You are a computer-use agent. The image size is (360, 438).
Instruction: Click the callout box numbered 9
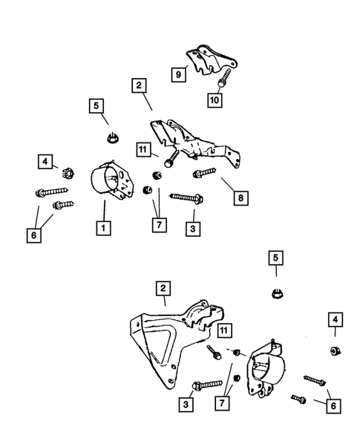(x=178, y=74)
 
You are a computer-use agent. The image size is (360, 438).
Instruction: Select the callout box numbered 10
(x=215, y=99)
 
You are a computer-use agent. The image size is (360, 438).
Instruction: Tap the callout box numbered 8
(x=240, y=198)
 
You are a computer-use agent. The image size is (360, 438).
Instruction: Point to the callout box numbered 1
(x=103, y=228)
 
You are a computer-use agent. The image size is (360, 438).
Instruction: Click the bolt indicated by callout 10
(x=224, y=78)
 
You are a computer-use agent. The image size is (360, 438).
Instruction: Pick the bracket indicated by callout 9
(x=212, y=59)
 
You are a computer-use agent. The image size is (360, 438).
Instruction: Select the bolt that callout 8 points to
(x=204, y=173)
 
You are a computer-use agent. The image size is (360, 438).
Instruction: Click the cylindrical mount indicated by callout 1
(x=112, y=180)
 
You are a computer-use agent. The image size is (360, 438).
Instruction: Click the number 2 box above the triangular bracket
(x=163, y=288)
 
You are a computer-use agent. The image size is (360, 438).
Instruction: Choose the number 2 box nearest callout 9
(x=139, y=85)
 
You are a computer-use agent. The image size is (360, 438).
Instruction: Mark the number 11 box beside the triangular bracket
(x=223, y=331)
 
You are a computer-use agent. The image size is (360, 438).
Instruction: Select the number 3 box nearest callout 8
(x=193, y=229)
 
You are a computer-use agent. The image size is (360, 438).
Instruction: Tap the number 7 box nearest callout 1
(x=160, y=225)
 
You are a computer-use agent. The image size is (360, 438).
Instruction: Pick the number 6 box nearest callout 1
(x=34, y=235)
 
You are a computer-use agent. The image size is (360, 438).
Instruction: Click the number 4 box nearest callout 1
(x=45, y=161)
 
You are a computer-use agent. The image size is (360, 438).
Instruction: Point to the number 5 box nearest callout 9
(x=96, y=106)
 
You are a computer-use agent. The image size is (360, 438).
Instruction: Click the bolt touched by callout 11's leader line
(x=171, y=159)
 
